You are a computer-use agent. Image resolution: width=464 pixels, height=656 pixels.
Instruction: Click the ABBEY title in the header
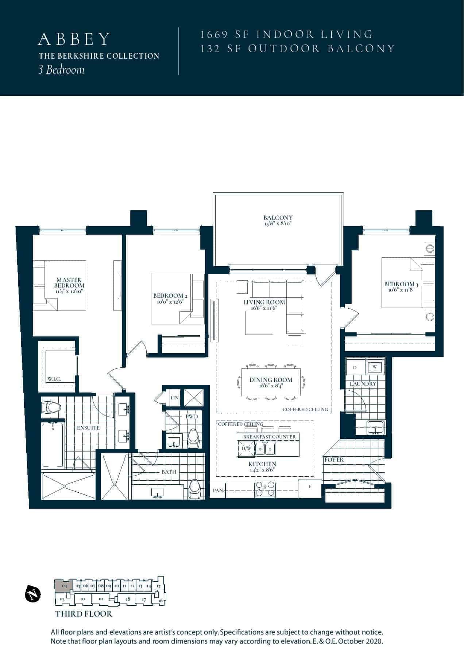(x=74, y=39)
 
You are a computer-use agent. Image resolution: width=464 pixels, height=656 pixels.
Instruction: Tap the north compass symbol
(x=32, y=594)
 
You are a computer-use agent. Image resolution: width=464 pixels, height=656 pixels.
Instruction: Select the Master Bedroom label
(x=69, y=283)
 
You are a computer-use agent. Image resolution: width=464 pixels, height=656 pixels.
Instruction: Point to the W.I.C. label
(x=54, y=379)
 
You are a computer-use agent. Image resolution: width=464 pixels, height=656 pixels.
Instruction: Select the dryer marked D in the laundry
(x=355, y=368)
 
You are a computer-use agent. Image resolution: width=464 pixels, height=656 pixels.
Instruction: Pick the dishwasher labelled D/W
(x=247, y=449)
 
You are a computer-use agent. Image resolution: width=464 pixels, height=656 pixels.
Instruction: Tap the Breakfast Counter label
(x=270, y=437)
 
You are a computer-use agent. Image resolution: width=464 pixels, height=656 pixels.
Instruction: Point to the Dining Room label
(x=271, y=380)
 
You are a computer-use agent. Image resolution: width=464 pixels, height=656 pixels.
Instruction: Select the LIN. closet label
(x=175, y=398)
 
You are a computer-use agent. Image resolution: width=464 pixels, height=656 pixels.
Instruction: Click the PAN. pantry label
(x=218, y=491)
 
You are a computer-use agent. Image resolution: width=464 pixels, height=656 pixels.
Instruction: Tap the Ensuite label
(x=88, y=427)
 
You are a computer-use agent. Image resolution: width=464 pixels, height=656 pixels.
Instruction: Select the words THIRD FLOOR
(x=84, y=614)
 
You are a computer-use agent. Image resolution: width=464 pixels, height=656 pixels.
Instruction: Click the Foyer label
(x=334, y=460)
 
